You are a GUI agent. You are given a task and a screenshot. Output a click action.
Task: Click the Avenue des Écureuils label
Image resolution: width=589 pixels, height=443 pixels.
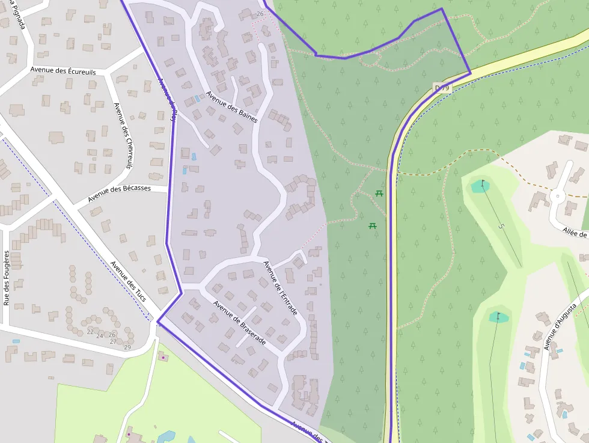point(63,71)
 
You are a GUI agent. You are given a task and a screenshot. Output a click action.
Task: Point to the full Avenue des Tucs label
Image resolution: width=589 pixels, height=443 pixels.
point(129,281)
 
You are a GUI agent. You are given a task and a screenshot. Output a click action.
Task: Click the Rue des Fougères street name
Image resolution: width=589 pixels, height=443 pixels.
point(7,278)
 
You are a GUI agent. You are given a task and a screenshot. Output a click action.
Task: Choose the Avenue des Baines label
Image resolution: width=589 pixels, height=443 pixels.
point(231,107)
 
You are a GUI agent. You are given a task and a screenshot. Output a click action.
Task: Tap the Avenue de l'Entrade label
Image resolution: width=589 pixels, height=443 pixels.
point(280,289)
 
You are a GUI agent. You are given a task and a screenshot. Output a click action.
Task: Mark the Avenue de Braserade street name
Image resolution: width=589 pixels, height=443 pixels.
point(239,322)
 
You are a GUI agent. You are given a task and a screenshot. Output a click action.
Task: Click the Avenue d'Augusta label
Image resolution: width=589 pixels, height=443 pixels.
point(560,326)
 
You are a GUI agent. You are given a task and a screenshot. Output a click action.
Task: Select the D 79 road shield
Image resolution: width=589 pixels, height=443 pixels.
point(442,88)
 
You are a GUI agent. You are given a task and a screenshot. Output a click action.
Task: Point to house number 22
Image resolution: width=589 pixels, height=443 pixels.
point(90,332)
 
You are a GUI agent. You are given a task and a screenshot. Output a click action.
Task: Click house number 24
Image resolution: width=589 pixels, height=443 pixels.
point(100,335)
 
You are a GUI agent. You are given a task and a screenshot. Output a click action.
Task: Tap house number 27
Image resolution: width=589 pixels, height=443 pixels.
point(113,341)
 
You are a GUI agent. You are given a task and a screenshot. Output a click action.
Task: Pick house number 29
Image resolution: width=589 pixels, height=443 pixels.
point(127,347)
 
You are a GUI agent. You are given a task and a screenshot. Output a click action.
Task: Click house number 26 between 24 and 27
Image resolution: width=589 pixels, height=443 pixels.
point(112,335)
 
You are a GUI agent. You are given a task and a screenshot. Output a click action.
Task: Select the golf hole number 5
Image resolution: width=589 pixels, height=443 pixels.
point(501,226)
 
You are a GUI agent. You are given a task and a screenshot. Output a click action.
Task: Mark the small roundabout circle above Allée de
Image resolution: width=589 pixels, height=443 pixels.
point(557,195)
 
